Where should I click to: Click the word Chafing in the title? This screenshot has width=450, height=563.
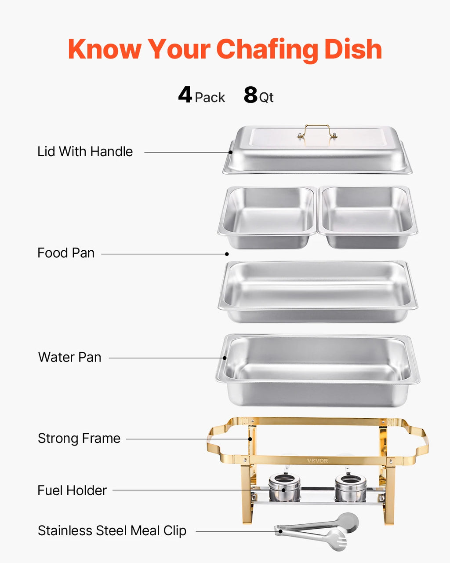click(268, 49)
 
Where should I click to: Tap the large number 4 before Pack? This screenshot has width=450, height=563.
click(185, 95)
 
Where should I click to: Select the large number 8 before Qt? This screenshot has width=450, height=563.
click(250, 95)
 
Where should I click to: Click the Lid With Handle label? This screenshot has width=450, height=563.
click(85, 152)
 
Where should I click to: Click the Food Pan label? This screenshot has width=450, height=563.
click(66, 253)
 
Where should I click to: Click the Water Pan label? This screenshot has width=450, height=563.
click(69, 357)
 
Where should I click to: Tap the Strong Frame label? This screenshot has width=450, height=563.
click(79, 439)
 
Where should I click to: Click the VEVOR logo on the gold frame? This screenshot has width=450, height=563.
click(317, 461)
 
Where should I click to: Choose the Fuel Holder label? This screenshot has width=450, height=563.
click(72, 490)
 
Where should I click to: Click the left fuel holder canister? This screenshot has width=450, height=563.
click(284, 487)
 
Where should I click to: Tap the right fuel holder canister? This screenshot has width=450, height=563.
click(350, 487)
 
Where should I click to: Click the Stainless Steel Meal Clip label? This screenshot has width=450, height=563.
click(112, 531)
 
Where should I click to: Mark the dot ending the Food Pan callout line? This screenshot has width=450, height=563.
click(227, 254)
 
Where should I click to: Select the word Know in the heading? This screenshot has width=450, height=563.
click(105, 49)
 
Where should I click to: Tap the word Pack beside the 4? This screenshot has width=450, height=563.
click(210, 97)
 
